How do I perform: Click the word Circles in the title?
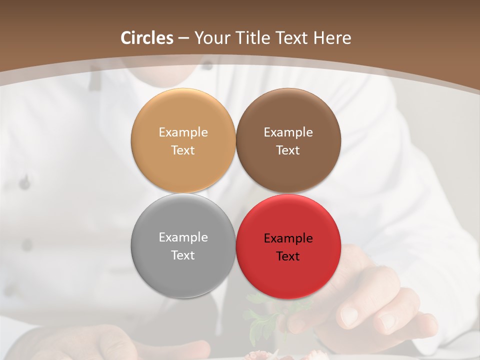(x=147, y=38)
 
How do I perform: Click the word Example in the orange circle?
(x=183, y=132)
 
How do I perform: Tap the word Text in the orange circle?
(x=183, y=150)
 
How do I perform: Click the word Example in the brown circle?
(x=288, y=132)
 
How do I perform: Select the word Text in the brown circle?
(x=288, y=150)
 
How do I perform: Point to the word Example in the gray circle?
(x=183, y=237)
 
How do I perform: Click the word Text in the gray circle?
(x=183, y=255)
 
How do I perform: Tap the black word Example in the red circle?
(x=288, y=238)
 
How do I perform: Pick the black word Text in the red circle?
(x=288, y=256)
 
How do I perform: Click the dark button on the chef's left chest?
(x=24, y=182)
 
